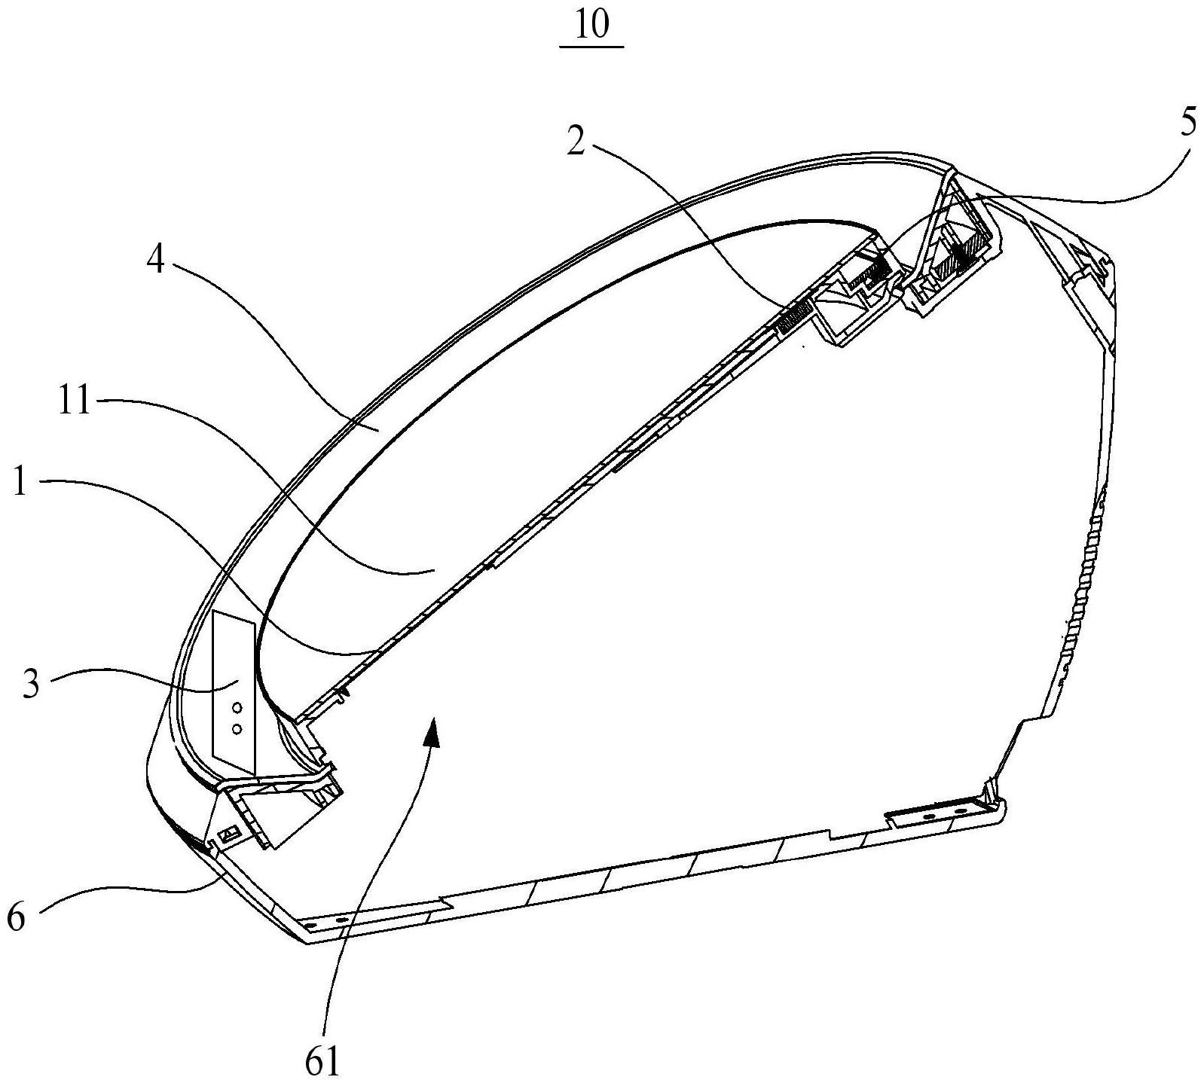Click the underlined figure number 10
click(592, 26)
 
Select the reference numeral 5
click(1187, 124)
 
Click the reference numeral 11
click(74, 402)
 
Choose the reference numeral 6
click(17, 917)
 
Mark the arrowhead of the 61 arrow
click(432, 729)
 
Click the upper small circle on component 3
click(237, 707)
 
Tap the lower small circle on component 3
click(237, 728)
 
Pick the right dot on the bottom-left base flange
click(340, 920)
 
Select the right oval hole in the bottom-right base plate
click(960, 810)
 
